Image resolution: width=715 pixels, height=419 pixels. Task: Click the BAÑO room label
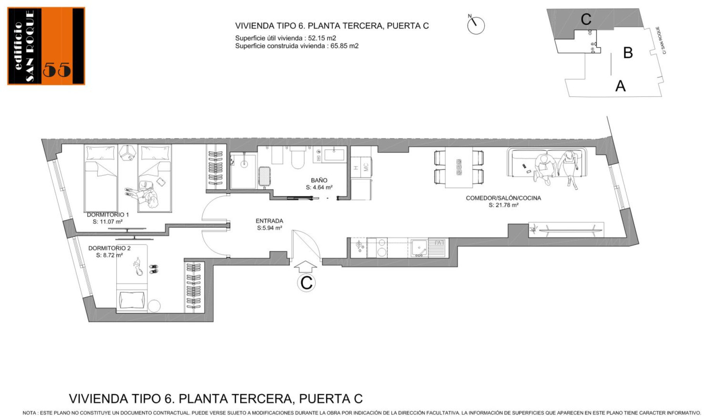tap(319, 180)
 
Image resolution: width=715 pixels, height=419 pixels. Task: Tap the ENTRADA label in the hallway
tap(269, 221)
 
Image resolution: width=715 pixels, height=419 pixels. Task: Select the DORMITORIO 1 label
tap(108, 215)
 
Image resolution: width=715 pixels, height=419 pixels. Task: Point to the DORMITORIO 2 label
tap(109, 248)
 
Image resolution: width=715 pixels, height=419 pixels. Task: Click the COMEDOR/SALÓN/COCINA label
tap(503, 198)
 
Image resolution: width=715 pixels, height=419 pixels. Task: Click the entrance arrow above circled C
tap(305, 267)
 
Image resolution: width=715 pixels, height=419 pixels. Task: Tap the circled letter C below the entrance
tap(306, 283)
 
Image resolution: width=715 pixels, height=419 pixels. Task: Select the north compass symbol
tap(476, 25)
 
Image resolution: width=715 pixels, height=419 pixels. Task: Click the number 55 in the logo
tap(57, 70)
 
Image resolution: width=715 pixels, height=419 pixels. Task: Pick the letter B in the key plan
tap(628, 53)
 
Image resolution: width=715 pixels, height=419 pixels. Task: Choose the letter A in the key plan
tap(620, 86)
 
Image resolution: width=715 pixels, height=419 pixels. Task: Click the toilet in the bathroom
tap(298, 158)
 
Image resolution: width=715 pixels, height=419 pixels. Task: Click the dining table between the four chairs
tap(459, 167)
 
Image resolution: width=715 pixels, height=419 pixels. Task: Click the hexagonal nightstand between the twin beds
tap(127, 152)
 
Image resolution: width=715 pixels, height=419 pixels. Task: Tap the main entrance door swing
tap(306, 244)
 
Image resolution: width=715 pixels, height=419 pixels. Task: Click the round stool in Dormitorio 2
tap(154, 306)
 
